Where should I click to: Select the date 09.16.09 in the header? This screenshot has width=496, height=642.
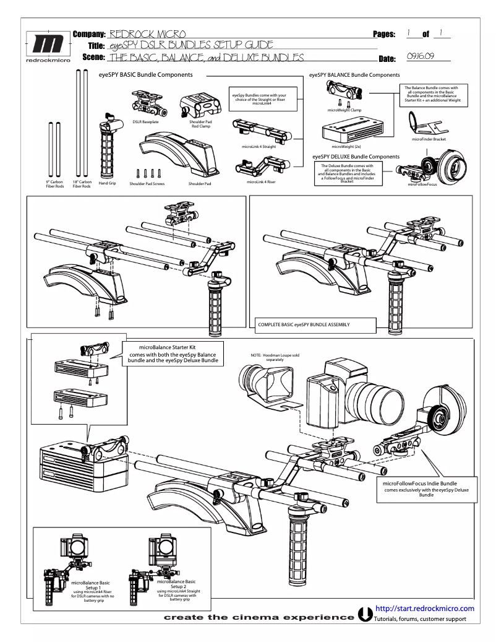420,56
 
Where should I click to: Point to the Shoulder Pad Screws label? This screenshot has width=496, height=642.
147,184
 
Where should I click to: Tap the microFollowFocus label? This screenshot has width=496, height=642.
423,184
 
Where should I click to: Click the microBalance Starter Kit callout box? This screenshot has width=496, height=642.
173,353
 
